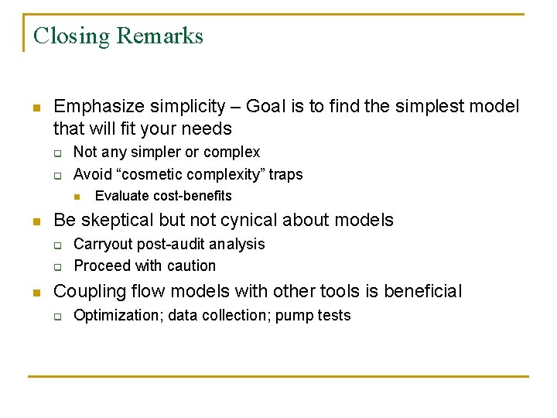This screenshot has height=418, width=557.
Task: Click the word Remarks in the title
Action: point(160,36)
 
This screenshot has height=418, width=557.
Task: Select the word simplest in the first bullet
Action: point(424,106)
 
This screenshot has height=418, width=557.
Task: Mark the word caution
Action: point(190,266)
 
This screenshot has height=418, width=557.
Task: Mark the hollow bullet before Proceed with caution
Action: point(57,266)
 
